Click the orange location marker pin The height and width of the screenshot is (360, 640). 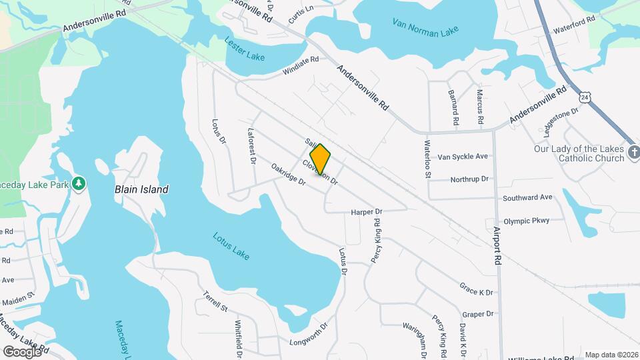[x=321, y=159]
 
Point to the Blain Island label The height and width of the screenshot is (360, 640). [x=141, y=189]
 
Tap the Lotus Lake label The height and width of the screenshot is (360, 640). [x=231, y=246]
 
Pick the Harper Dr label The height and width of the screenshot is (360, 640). [x=366, y=213]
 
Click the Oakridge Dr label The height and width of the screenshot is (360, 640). [x=288, y=174]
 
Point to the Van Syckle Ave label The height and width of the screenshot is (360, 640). [x=463, y=157]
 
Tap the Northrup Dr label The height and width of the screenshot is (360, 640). [x=469, y=179]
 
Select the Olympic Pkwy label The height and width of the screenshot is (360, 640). [x=526, y=221]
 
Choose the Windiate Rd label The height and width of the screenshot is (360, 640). [x=301, y=60]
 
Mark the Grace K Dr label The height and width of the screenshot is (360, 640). [x=476, y=289]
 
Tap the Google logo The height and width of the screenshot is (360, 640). [x=22, y=351]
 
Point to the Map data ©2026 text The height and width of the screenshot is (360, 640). [x=611, y=355]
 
